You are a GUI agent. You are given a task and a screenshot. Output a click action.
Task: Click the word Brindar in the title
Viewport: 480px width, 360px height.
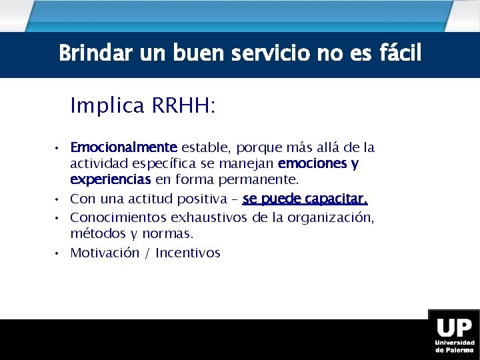87,53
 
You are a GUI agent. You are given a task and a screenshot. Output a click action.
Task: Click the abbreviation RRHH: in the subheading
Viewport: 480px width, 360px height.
184,106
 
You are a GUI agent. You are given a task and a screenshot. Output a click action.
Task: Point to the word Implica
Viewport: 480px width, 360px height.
107,106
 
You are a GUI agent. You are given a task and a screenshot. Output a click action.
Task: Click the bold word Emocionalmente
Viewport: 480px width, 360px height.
123,147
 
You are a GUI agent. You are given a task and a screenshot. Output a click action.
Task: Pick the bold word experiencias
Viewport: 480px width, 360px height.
110,180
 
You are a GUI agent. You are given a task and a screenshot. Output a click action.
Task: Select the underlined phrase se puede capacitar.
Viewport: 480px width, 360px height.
305,199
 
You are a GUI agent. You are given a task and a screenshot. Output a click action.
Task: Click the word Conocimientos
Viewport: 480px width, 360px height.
118,217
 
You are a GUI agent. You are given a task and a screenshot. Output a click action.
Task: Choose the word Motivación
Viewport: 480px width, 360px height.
104,253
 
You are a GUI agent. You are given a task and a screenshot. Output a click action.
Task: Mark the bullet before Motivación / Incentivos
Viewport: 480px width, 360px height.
59,253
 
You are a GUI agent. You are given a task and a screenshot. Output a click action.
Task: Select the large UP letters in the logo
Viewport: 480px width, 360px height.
453,329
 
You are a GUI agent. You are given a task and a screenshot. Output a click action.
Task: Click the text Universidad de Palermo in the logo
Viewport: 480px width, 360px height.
453,347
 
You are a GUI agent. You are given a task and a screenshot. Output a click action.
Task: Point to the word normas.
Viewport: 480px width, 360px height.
172,234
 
